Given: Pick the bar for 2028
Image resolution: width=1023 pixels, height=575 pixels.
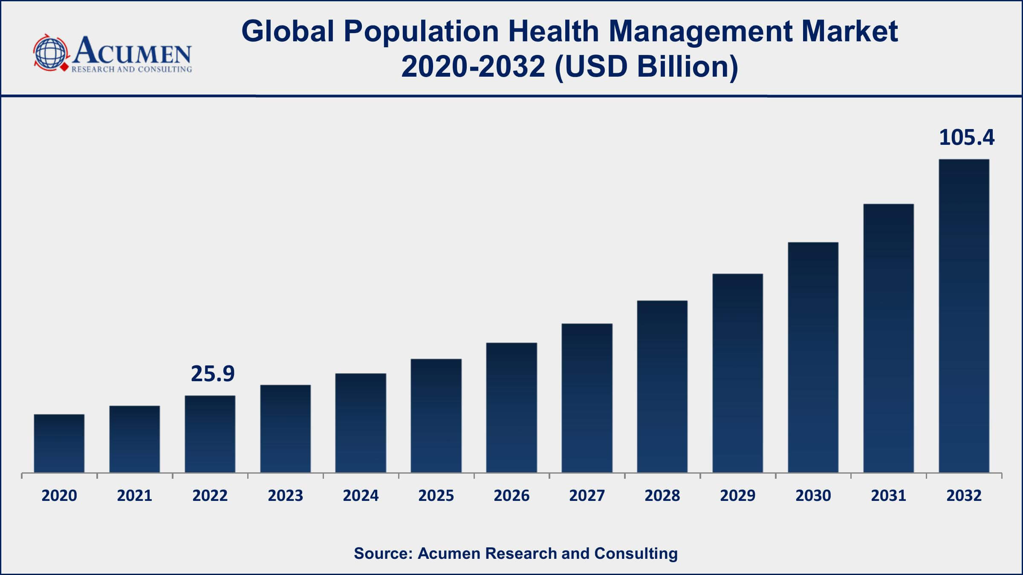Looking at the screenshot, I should [662, 386].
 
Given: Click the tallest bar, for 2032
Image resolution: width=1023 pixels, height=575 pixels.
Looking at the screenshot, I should [964, 316].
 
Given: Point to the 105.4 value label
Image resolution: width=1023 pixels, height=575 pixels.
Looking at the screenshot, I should [966, 138].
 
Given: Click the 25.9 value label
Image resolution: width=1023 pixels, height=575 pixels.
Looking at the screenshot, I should [212, 374].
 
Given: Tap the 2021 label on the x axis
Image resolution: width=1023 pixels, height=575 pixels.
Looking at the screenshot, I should [135, 495].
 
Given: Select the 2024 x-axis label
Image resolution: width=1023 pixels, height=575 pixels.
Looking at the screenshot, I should [361, 495].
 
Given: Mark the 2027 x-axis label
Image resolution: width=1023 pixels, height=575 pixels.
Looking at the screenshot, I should [587, 495].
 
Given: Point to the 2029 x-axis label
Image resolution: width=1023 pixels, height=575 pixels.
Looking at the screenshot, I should [737, 495].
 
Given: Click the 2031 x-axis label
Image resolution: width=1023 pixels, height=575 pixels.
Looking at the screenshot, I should [888, 495].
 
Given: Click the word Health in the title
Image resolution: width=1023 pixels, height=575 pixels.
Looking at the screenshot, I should [553, 31].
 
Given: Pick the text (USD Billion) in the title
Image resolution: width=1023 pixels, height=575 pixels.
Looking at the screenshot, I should [646, 67].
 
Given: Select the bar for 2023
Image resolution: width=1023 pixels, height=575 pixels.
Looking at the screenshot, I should [285, 428].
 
